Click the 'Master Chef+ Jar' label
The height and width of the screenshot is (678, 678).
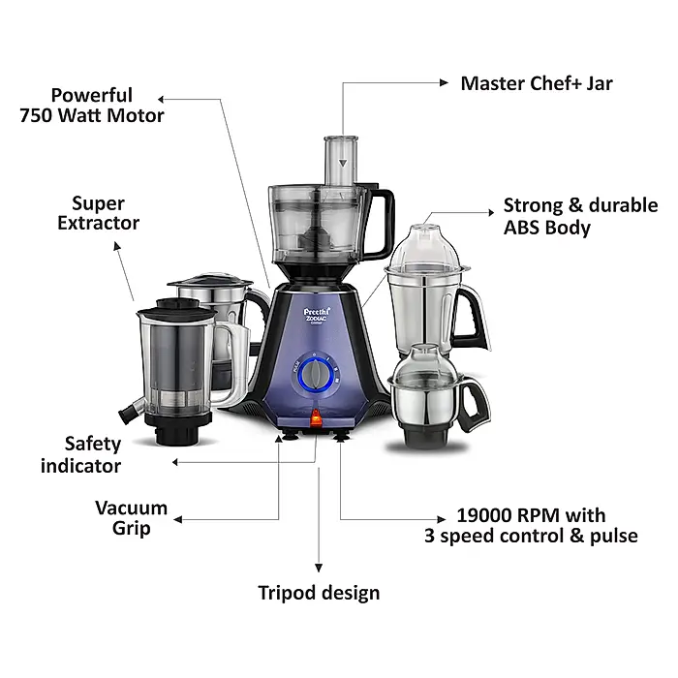pyautogui.click(x=536, y=82)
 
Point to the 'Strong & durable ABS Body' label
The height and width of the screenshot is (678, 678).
pyautogui.click(x=579, y=217)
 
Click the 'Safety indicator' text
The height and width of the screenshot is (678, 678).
pyautogui.click(x=81, y=454)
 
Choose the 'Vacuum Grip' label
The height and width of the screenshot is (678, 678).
pyautogui.click(x=131, y=517)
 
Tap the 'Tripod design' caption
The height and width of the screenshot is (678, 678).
pyautogui.click(x=319, y=592)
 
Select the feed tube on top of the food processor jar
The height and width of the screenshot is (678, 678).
pyautogui.click(x=334, y=159)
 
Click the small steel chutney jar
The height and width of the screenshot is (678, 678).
pyautogui.click(x=427, y=397)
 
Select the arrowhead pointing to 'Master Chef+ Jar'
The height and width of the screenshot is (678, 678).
pyautogui.click(x=447, y=83)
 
